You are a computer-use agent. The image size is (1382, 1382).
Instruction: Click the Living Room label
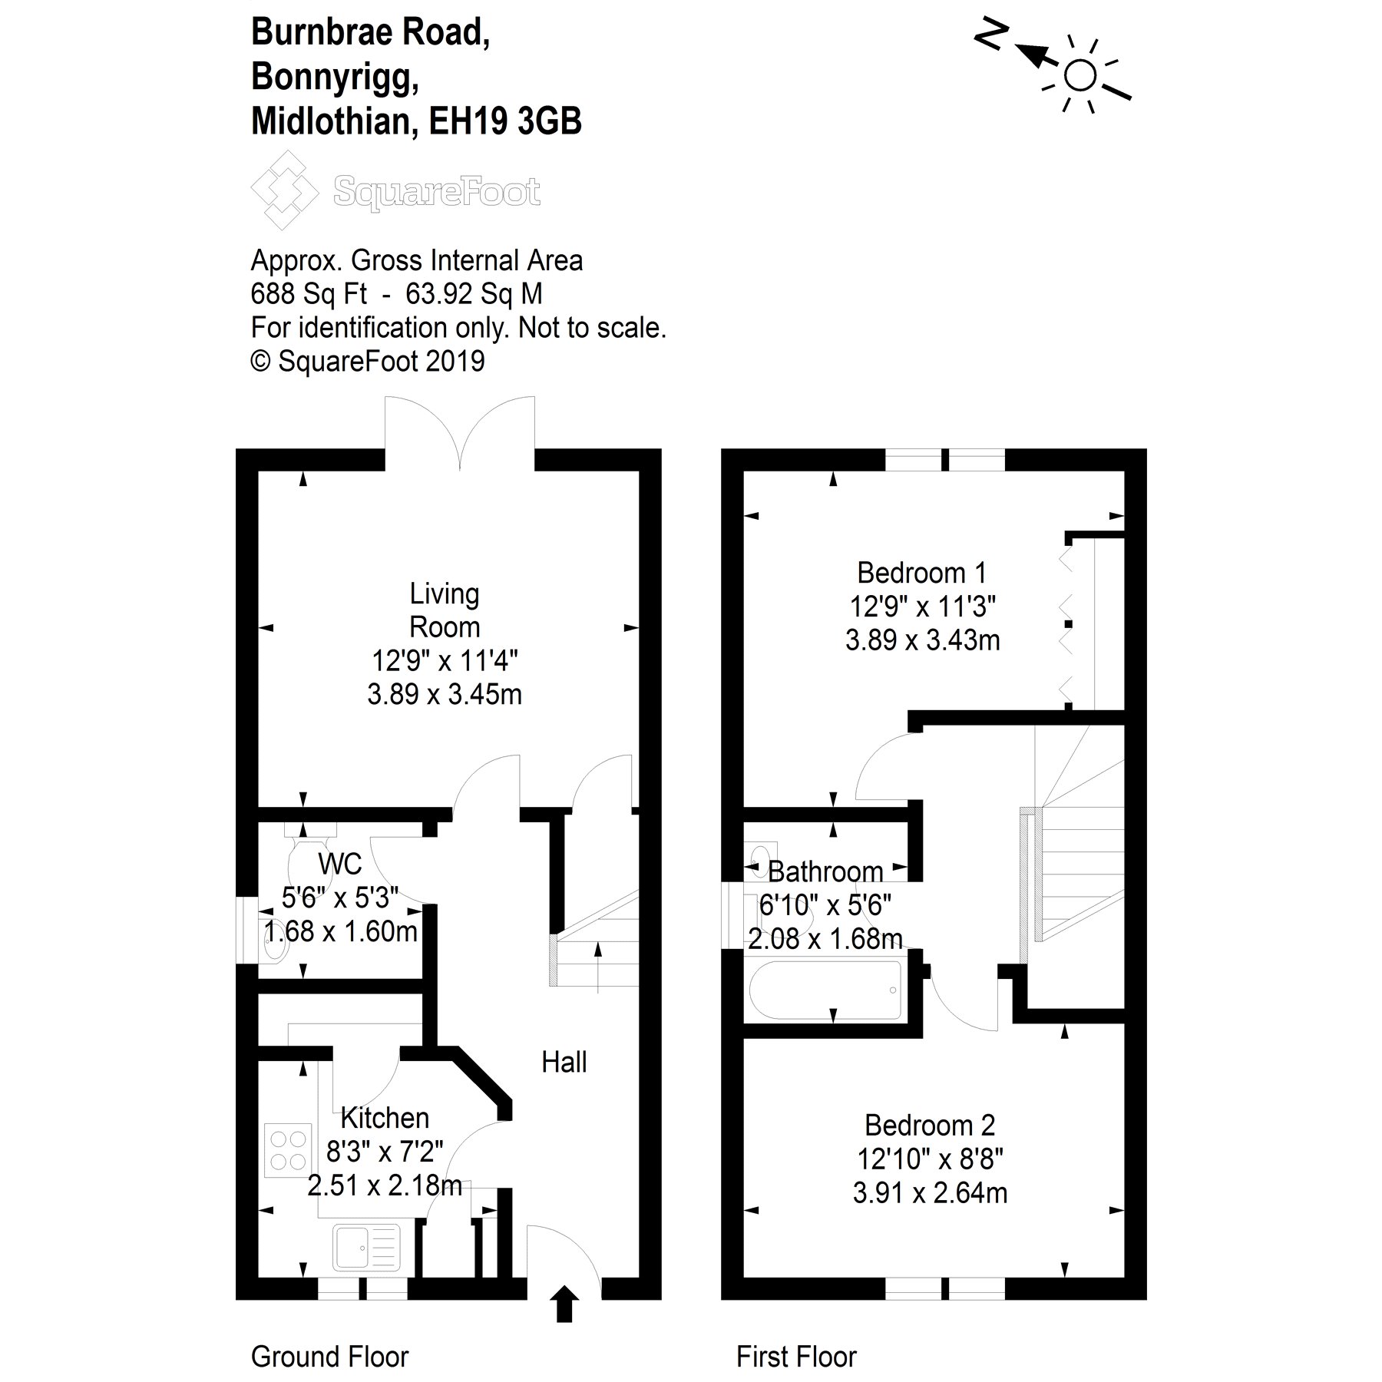[x=445, y=610]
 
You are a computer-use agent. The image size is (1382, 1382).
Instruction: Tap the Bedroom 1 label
[x=921, y=574]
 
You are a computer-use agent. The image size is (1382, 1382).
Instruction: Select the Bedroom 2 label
[x=930, y=1126]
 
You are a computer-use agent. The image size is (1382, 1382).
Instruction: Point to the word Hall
[x=564, y=1063]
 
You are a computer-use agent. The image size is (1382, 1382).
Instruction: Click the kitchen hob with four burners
[x=289, y=1150]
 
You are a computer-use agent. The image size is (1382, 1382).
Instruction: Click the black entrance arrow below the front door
[x=564, y=1304]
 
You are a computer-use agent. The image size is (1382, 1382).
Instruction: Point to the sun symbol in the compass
[x=1081, y=75]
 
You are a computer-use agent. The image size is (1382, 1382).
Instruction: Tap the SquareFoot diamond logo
[x=284, y=190]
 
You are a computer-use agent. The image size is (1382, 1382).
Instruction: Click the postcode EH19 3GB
[x=505, y=121]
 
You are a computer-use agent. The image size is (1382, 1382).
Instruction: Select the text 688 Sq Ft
[x=309, y=294]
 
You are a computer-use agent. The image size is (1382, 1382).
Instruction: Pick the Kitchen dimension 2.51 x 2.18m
[x=385, y=1185]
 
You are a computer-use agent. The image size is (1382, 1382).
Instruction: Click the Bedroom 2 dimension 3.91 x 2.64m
[x=930, y=1193]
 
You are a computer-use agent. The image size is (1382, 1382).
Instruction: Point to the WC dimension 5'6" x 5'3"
[x=340, y=897]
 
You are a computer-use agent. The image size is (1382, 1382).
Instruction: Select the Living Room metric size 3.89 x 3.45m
[x=445, y=695]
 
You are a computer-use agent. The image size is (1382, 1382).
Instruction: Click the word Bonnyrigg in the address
[x=336, y=77]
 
